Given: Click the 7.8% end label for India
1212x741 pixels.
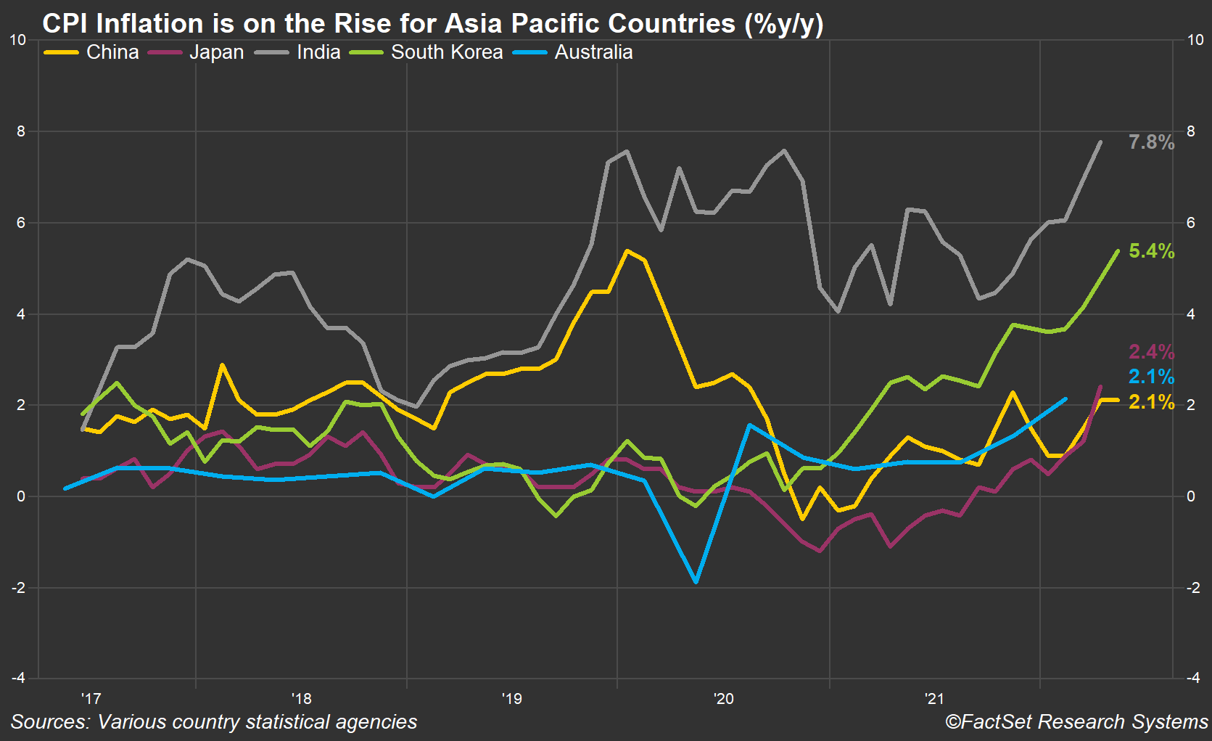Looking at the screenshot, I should tap(1150, 142).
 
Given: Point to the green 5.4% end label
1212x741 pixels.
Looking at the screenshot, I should tap(1150, 251).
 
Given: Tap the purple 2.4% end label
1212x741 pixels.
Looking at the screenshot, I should tap(1150, 352).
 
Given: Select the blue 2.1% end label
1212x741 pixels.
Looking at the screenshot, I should tap(1150, 377).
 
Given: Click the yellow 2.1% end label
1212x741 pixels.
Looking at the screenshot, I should tap(1150, 402).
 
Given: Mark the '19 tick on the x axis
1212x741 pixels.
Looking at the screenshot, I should tap(511, 699).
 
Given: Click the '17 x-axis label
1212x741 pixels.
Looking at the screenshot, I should tap(91, 699).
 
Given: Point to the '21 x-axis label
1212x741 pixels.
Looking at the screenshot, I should tap(934, 699).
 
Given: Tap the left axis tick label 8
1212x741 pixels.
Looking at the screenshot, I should tap(21, 131).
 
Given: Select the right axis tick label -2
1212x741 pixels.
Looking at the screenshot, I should tap(1192, 588).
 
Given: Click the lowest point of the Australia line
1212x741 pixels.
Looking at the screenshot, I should tap(696, 581).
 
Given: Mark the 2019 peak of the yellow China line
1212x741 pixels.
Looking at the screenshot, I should tap(627, 251).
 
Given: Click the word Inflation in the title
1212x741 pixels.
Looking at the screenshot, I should tap(150, 23).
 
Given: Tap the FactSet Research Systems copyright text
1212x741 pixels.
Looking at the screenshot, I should tap(1076, 721).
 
